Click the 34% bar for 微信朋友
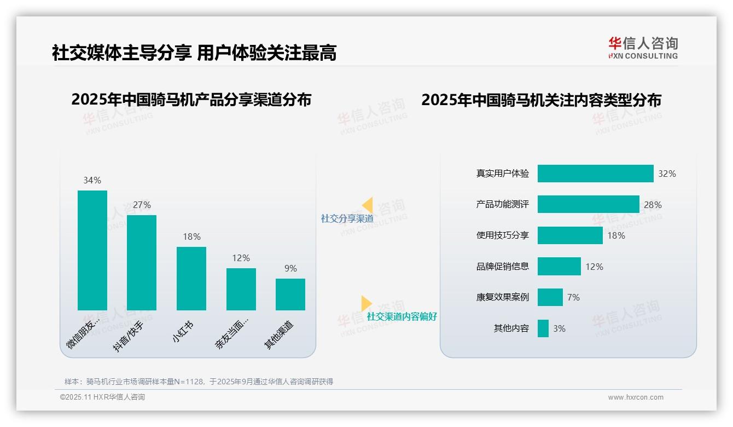click(92, 250)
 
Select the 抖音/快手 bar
click(142, 263)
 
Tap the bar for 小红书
click(191, 279)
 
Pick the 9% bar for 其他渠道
click(290, 295)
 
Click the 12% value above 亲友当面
click(241, 258)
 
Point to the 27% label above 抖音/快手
click(142, 205)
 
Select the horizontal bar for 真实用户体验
click(595, 174)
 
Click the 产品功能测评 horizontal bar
click(588, 204)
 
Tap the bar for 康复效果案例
click(550, 297)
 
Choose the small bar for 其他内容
click(543, 328)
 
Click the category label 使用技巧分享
click(503, 235)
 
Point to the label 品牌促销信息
click(503, 267)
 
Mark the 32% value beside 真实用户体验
click(667, 174)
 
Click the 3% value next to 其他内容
click(559, 328)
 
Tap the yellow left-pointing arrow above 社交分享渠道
click(368, 205)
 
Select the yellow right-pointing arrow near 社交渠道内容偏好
click(366, 303)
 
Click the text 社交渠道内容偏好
click(402, 316)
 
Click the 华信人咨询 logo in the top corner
click(643, 48)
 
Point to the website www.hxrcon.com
click(635, 397)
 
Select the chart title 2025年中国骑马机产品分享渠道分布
click(191, 100)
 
